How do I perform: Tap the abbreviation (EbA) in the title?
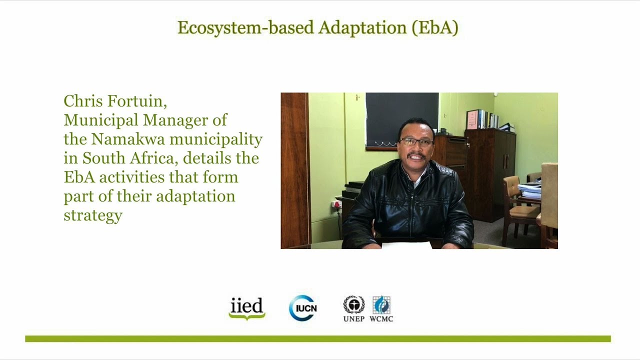(x=435, y=28)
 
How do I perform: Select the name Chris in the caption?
(x=82, y=101)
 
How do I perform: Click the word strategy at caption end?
(x=93, y=215)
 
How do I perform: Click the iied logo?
(x=247, y=308)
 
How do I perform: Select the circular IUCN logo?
(x=303, y=308)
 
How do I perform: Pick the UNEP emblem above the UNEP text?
(x=353, y=304)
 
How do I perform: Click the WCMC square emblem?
(x=381, y=304)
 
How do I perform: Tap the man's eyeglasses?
(x=416, y=142)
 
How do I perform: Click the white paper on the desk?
(x=406, y=245)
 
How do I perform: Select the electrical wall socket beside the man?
(x=336, y=203)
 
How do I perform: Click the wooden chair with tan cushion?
(x=517, y=205)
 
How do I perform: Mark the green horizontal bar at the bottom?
(x=318, y=339)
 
